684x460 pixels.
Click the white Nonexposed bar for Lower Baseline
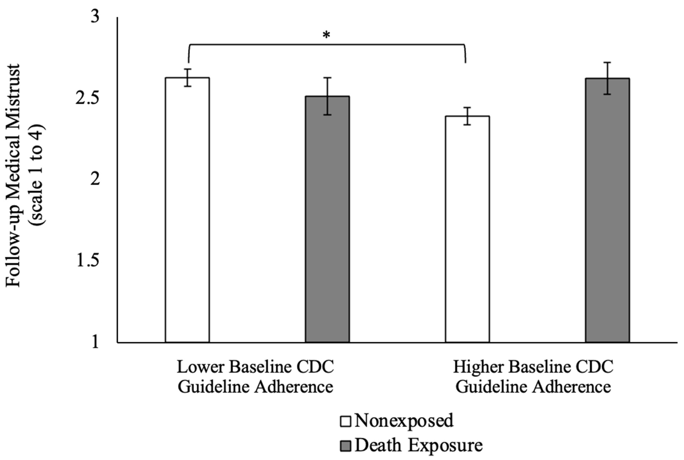click(x=187, y=210)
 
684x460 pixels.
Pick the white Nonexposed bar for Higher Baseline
click(x=467, y=229)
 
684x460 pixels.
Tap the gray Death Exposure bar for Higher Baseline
click(x=607, y=210)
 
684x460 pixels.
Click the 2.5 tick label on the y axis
click(x=87, y=98)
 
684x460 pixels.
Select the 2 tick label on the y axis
click(x=95, y=180)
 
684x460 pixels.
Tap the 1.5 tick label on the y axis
click(x=87, y=261)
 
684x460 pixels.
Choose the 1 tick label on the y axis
click(x=95, y=342)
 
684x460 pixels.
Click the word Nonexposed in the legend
click(x=404, y=421)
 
